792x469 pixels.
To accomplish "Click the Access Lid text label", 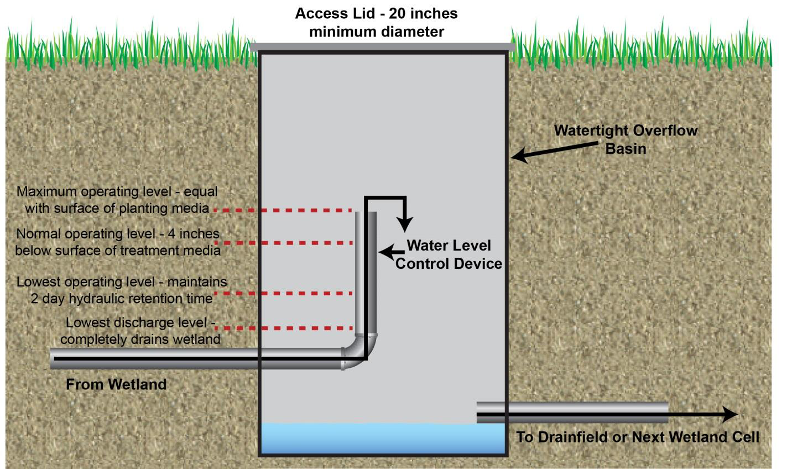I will tap(376, 22).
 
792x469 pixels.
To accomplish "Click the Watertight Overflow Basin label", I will tap(626, 139).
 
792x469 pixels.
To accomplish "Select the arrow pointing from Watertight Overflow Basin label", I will tap(553, 150).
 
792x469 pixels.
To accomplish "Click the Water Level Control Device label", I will tap(449, 254).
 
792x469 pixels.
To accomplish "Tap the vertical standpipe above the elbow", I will tap(366, 271).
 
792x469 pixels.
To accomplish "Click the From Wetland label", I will tap(116, 384).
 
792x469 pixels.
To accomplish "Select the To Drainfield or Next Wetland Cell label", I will tap(638, 437).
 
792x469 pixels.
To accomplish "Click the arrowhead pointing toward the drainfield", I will tap(730, 414).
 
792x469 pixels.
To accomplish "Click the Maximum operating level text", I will tap(117, 200).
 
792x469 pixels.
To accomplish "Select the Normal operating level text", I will tap(118, 242).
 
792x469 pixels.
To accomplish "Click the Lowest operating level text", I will tap(121, 290).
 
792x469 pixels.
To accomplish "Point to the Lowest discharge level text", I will tap(140, 331).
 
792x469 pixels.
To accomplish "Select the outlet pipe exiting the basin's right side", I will tap(572, 412).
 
